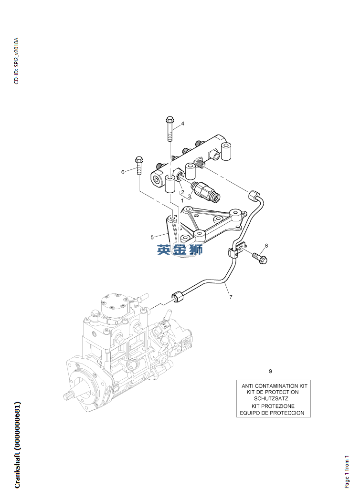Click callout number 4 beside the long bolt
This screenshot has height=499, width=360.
click(x=182, y=124)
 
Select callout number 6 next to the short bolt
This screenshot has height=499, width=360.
click(x=123, y=172)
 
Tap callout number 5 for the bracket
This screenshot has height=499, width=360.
click(x=152, y=237)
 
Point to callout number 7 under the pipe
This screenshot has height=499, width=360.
click(x=231, y=297)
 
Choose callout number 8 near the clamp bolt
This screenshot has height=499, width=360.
click(x=266, y=245)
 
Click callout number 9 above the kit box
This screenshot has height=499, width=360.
click(x=271, y=371)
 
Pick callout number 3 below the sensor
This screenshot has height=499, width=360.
click(x=189, y=196)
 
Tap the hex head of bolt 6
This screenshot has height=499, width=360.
click(x=139, y=159)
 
